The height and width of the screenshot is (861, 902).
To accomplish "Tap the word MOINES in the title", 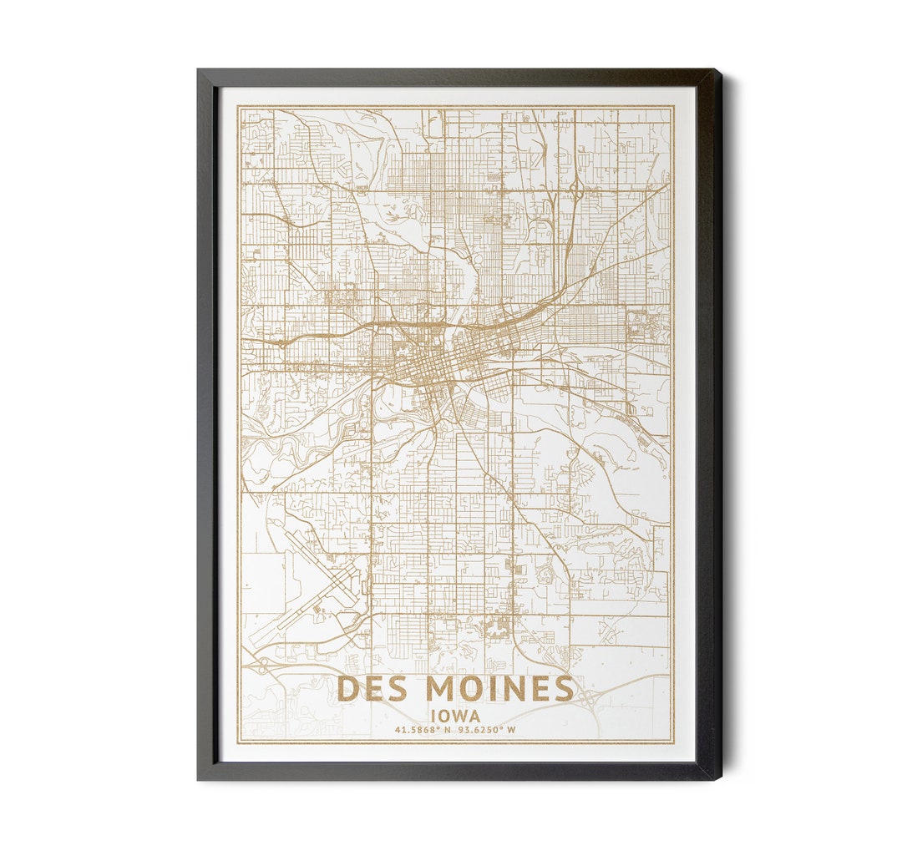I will point(500,689).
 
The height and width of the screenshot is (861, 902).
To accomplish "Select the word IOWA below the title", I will point(455,716).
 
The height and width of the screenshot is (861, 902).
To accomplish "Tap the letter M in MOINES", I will point(443,689).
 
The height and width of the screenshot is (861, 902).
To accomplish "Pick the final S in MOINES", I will point(564,689).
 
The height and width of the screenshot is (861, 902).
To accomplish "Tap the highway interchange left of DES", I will point(262,666).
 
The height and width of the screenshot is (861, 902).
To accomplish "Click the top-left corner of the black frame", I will point(199,71).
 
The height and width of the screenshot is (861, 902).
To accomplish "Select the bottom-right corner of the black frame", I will point(720,778).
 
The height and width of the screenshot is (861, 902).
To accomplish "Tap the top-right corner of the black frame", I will point(720,71).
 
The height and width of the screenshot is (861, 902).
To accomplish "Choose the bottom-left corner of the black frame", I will point(199,778).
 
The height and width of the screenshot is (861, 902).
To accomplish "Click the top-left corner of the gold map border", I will point(238,106).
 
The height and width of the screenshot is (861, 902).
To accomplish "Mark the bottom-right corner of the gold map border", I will point(673,743).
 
